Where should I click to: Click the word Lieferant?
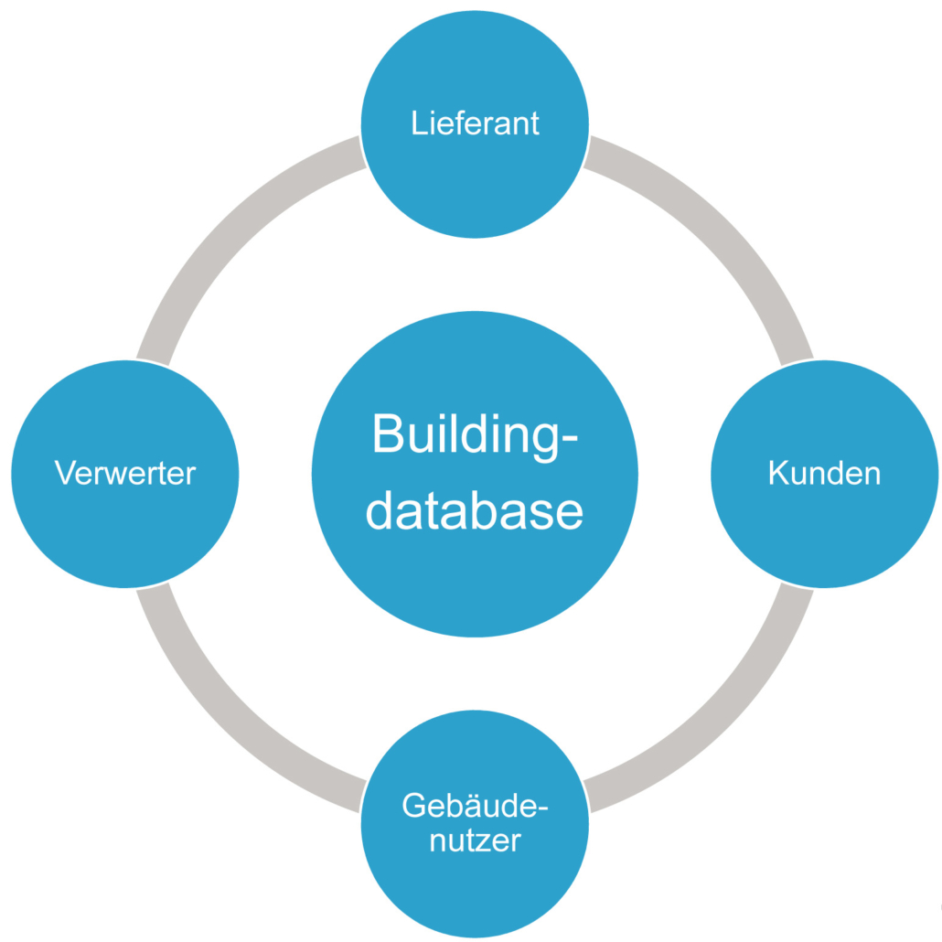click(x=475, y=123)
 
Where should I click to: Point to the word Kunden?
click(x=825, y=473)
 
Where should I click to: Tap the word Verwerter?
click(x=125, y=473)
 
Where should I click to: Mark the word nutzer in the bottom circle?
click(x=475, y=840)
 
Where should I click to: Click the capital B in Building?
click(x=388, y=434)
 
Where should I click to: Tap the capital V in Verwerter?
click(x=64, y=473)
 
